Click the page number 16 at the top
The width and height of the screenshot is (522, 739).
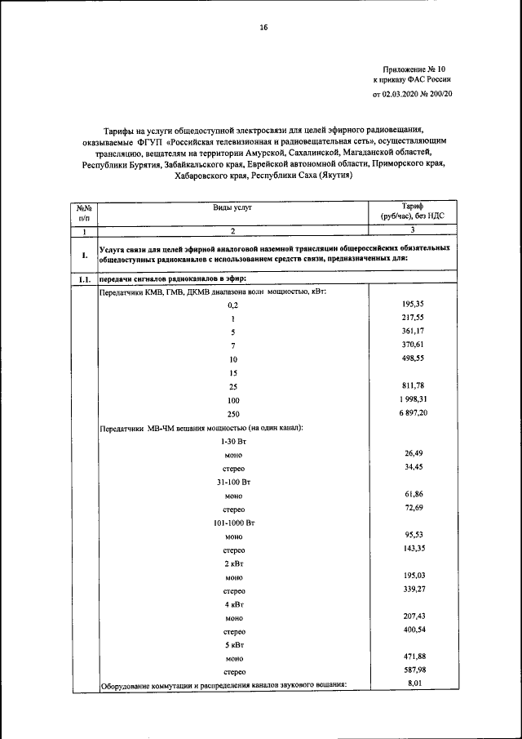[263, 28]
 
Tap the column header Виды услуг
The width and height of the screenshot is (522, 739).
[233, 208]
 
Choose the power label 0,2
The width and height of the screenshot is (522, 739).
[233, 304]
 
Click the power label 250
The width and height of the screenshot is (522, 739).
[233, 415]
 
